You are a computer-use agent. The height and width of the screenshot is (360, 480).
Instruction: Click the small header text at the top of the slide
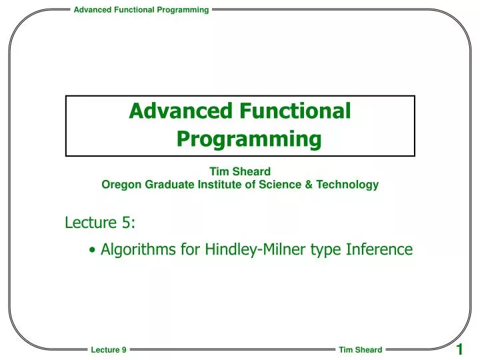[x=141, y=9]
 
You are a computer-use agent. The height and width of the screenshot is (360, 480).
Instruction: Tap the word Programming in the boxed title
[x=249, y=139]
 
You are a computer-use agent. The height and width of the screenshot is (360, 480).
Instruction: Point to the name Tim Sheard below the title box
[x=240, y=171]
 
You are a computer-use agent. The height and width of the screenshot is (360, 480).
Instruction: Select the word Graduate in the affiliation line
[x=164, y=185]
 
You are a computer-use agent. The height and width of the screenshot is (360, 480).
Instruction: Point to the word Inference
[x=379, y=249]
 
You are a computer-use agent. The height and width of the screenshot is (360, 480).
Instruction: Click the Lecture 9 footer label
[x=109, y=350]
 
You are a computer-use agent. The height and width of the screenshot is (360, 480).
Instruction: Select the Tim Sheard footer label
[x=360, y=350]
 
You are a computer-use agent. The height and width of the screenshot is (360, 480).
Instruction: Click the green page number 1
[x=460, y=349]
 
